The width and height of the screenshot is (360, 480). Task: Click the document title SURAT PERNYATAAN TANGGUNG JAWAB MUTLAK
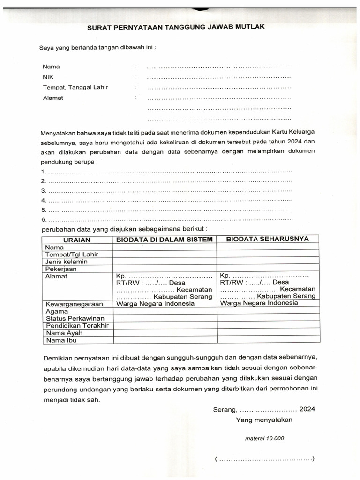coord(176,27)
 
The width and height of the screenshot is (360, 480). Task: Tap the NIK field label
coord(48,77)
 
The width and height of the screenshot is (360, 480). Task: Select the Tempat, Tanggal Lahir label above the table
coord(75,87)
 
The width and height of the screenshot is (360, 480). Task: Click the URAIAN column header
coord(77,240)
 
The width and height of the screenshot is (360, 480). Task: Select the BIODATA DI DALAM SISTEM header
coord(165,240)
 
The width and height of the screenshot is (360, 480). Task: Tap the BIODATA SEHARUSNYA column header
coord(268,239)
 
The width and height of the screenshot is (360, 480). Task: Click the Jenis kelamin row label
coord(66,262)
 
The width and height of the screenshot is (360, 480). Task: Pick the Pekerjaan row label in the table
coord(61,269)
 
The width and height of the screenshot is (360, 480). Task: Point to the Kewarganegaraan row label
coord(74,304)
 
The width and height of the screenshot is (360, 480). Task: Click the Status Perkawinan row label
coord(75,318)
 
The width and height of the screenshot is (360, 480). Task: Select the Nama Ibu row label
coord(61,340)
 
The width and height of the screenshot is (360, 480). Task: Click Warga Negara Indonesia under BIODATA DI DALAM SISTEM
coord(155,303)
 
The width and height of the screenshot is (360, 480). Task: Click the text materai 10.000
coord(264,439)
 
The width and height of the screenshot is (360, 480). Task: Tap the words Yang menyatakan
coord(264,420)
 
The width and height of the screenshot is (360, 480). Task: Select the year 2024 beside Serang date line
coord(307,409)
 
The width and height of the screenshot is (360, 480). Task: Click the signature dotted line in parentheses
coord(264,459)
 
